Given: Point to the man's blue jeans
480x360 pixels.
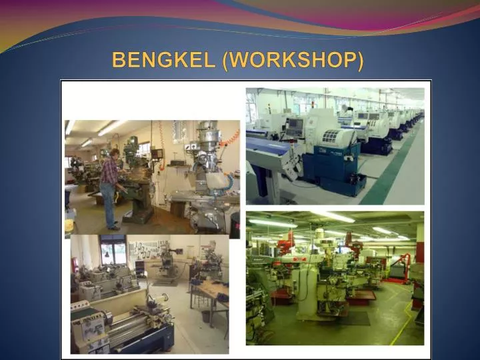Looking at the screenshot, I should (x=109, y=207).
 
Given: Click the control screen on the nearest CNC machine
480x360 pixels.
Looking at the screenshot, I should (x=294, y=127).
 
